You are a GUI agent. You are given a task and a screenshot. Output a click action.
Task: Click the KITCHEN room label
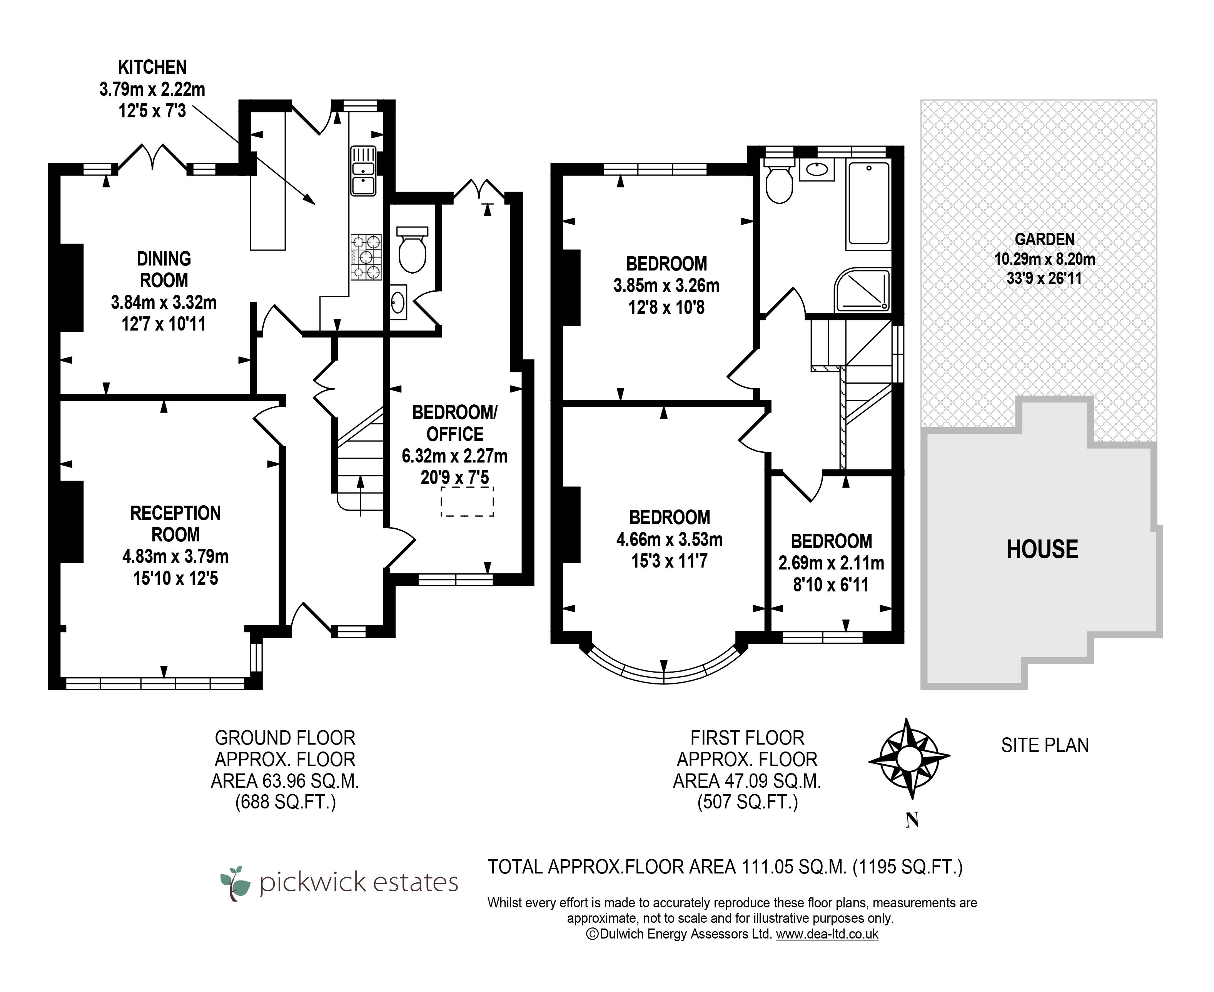[x=152, y=67]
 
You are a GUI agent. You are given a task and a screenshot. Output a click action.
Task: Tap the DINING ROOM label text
[x=164, y=270]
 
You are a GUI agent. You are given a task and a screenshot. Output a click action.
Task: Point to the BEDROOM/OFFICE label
[x=455, y=423]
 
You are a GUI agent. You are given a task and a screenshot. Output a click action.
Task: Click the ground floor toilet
[x=412, y=250]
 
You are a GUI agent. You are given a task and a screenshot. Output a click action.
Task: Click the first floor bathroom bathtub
[x=869, y=205]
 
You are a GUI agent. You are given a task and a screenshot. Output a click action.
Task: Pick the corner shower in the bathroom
[x=863, y=291]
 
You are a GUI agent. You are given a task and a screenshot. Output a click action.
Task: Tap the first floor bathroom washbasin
[x=817, y=170]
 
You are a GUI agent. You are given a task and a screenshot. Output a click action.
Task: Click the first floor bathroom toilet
[x=779, y=180]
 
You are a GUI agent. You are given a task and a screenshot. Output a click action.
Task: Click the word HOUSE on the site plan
[x=1042, y=549]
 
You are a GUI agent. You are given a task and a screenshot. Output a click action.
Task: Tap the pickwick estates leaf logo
[x=235, y=883]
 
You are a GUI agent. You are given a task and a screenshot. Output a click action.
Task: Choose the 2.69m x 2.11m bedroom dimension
[x=831, y=563]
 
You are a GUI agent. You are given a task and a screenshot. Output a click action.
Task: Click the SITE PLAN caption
[x=1045, y=745]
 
